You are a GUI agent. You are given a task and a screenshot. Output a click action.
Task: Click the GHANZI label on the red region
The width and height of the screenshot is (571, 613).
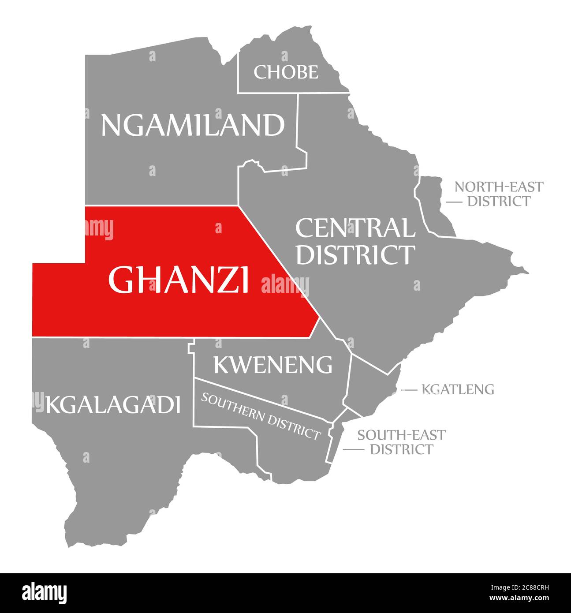(x=179, y=280)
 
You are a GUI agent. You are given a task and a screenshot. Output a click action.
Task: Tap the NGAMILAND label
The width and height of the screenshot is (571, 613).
(x=193, y=125)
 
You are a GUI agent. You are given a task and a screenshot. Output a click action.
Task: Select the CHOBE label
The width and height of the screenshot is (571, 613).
(x=286, y=72)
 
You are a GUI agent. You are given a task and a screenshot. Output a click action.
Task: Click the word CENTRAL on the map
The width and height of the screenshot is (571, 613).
(x=355, y=228)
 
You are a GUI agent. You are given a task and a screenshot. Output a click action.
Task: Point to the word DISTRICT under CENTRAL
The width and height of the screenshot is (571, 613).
(x=355, y=254)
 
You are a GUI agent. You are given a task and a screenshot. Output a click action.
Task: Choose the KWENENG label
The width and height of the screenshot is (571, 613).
(x=273, y=364)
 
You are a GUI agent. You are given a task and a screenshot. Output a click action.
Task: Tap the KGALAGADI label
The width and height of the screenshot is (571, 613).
(x=113, y=404)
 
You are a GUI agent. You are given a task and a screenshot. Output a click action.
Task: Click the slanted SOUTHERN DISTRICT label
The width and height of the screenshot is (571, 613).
(x=260, y=416)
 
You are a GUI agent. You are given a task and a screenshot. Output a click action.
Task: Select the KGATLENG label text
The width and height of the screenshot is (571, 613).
(x=458, y=389)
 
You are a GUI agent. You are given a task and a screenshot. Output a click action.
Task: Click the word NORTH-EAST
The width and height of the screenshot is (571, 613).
(x=499, y=187)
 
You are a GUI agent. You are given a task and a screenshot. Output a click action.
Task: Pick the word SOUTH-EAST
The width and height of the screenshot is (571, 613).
(x=401, y=435)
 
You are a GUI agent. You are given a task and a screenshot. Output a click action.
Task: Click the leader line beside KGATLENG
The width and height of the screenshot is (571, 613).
(x=409, y=390)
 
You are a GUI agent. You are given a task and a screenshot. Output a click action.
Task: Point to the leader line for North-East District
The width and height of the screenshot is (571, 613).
(x=454, y=202)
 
